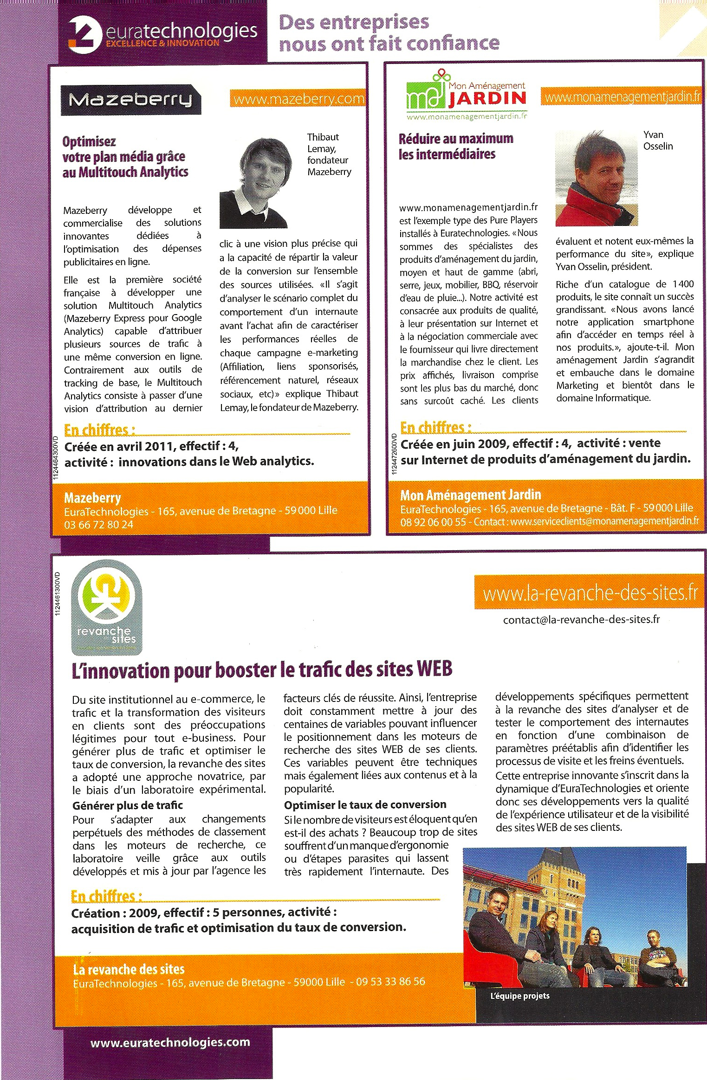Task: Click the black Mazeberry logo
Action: (130, 99)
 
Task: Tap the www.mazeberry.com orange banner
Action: (298, 99)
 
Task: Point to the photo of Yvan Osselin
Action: (596, 179)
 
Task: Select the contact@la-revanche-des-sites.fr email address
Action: (581, 619)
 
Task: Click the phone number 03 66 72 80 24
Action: (98, 525)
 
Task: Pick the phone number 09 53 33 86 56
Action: (390, 982)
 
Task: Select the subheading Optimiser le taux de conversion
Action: (365, 804)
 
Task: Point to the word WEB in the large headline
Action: (434, 669)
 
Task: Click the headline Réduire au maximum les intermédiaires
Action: (456, 146)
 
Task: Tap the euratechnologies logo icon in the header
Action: (85, 33)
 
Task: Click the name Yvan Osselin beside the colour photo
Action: (657, 140)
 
